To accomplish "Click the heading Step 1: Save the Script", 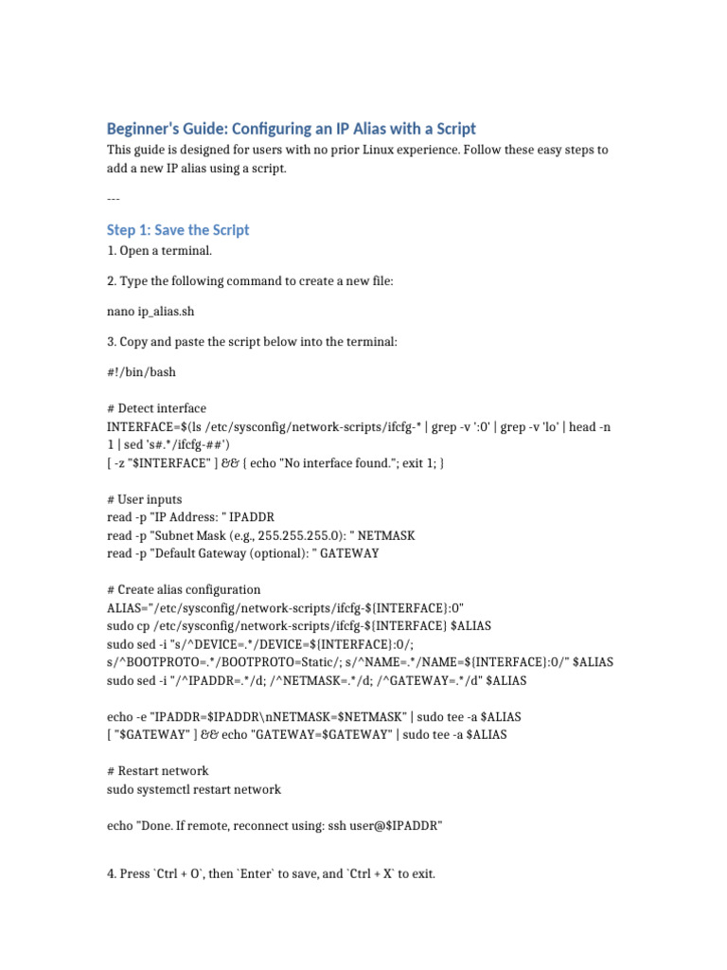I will pyautogui.click(x=178, y=230).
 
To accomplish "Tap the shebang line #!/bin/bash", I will pyautogui.click(x=141, y=372).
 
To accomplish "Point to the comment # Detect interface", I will pyautogui.click(x=156, y=408).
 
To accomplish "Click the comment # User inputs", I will pyautogui.click(x=145, y=498).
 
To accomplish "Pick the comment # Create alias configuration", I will pyautogui.click(x=184, y=589).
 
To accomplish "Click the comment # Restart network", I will pyautogui.click(x=158, y=770).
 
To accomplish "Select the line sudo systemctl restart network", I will pyautogui.click(x=194, y=789).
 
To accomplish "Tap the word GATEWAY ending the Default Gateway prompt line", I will pyautogui.click(x=349, y=553).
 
